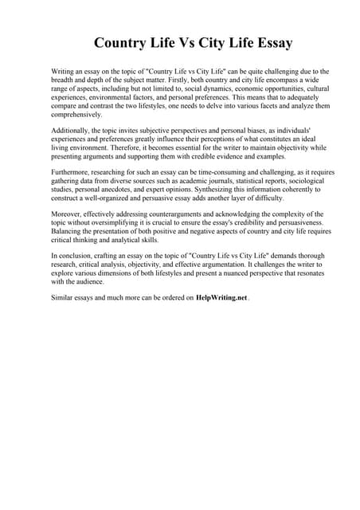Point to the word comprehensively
click(76, 115)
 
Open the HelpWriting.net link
click(221, 298)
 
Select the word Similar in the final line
click(63, 298)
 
